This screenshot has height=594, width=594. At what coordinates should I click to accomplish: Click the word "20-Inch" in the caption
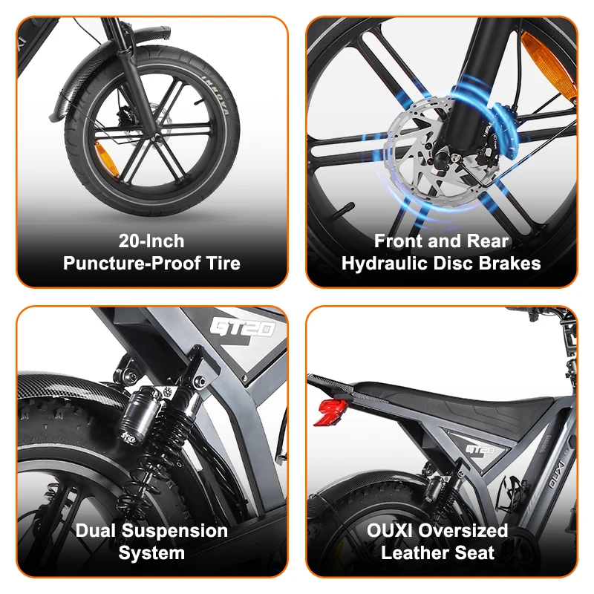click(151, 241)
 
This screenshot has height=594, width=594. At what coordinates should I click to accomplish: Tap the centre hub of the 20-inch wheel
click(151, 136)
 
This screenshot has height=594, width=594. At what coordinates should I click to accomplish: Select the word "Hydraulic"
click(387, 264)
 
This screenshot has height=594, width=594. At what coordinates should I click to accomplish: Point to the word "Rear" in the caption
click(487, 241)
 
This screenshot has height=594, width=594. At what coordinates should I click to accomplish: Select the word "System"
click(151, 553)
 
